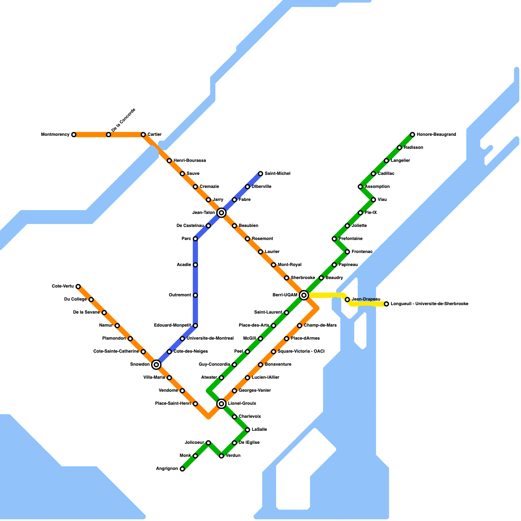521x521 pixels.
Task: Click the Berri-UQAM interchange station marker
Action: tap(304, 295)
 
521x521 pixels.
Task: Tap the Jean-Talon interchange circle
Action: tap(221, 213)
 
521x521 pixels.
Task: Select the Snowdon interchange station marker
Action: tap(156, 365)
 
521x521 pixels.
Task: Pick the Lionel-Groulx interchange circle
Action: tap(221, 404)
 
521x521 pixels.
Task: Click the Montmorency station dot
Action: tap(74, 135)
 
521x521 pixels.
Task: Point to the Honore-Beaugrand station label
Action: tap(436, 134)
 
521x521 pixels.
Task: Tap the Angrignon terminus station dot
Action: tap(182, 469)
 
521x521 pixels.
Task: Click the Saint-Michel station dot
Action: tap(260, 174)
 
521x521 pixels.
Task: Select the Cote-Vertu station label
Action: tap(63, 286)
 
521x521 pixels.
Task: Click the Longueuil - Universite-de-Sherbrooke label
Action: tap(429, 304)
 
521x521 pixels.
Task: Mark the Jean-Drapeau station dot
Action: tap(347, 300)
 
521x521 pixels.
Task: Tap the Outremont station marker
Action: tap(195, 295)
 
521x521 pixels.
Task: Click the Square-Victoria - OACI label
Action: tap(301, 351)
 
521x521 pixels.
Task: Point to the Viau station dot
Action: tap(373, 200)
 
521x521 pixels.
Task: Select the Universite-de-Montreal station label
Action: tap(210, 338)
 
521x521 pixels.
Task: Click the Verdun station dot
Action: tap(221, 456)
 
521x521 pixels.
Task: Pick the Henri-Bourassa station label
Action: tap(190, 161)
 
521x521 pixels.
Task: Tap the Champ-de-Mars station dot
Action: tap(300, 326)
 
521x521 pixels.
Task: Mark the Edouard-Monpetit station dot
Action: tap(195, 326)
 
